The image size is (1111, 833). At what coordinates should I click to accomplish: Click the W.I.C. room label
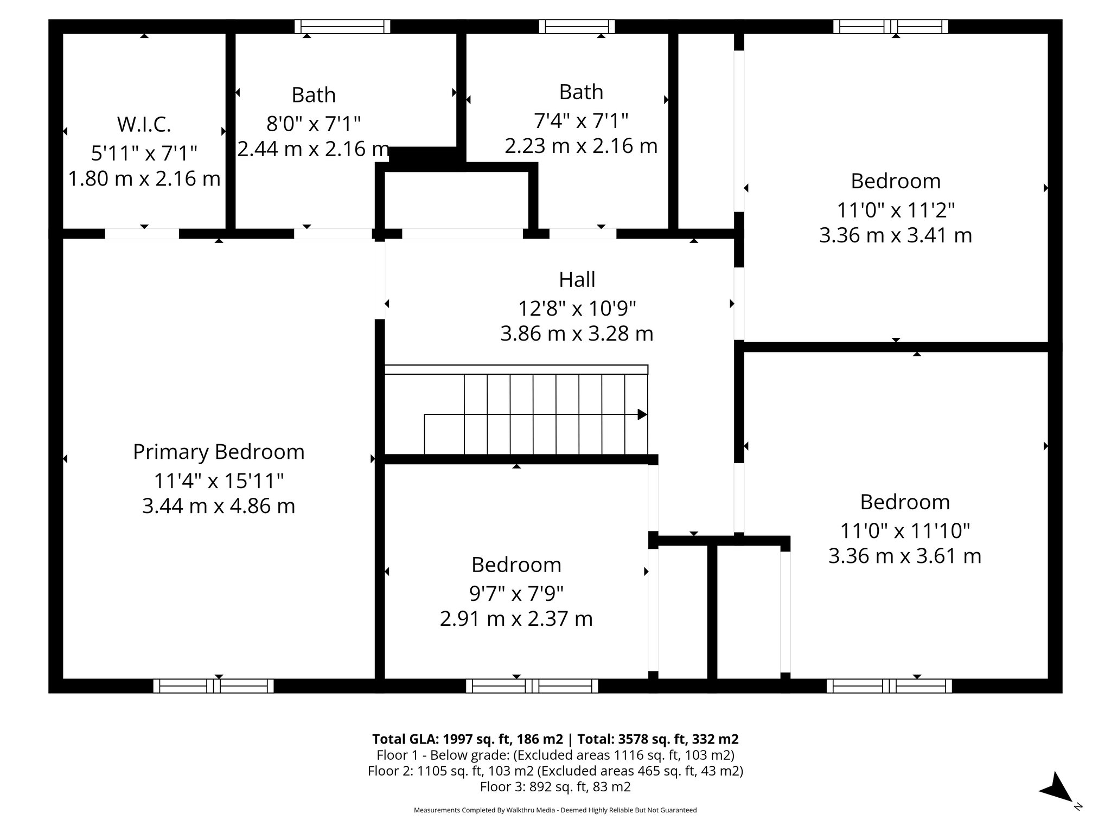point(144,125)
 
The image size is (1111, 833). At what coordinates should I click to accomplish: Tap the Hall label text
point(577,280)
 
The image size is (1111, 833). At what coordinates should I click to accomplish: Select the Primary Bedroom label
point(219,452)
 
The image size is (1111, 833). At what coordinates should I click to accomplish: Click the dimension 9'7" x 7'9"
point(516,593)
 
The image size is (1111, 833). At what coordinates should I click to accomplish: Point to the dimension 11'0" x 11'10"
point(904,530)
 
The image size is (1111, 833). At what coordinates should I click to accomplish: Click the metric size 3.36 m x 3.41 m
point(895,235)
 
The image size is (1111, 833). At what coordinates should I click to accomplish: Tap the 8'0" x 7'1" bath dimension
point(313,124)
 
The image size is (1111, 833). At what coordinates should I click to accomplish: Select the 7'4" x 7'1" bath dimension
point(581,120)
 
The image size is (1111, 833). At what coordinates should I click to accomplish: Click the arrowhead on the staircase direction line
point(642,415)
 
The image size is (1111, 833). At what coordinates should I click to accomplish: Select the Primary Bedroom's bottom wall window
point(213,686)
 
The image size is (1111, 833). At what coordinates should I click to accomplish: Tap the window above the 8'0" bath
point(342,27)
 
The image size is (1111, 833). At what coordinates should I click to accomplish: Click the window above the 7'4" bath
point(577,27)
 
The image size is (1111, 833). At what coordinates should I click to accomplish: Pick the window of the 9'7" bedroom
point(532,686)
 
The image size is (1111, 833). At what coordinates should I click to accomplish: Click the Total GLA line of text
point(555,739)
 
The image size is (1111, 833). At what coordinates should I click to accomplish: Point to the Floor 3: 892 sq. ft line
point(555,787)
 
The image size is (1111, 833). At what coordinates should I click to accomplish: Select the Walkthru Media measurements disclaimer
point(555,810)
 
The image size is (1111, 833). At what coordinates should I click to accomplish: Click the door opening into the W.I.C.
point(142,234)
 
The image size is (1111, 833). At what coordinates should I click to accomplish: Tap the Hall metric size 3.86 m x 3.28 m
point(577,334)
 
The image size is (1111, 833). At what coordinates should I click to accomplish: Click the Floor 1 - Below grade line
point(555,755)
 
